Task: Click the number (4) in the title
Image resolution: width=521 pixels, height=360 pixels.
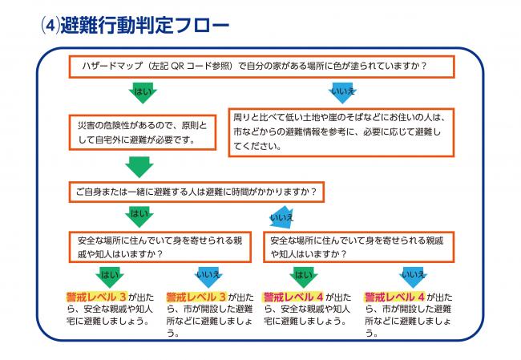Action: (50, 26)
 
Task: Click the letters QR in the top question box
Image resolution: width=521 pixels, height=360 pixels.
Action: (177, 66)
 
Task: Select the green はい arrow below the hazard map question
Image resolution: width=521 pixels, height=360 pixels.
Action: (143, 93)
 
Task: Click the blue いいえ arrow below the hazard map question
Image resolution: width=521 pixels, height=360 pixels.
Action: (342, 93)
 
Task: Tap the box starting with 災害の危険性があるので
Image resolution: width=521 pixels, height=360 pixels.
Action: (143, 132)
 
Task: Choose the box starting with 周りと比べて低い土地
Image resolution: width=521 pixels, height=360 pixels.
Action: (341, 132)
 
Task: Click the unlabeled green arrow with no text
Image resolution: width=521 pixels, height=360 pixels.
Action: (139, 168)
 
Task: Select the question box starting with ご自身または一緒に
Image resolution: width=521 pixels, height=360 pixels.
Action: (196, 192)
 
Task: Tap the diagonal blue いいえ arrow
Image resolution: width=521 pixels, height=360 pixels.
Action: (282, 218)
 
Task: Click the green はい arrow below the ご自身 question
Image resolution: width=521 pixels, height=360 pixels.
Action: (139, 216)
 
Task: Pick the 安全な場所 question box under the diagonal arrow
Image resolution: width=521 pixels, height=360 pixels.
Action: (359, 247)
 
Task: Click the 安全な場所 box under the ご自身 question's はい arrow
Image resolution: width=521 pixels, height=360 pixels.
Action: (160, 247)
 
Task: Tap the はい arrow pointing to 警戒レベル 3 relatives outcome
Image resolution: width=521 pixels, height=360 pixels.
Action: (110, 277)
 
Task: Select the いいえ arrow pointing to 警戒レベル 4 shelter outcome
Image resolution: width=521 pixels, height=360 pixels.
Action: (413, 277)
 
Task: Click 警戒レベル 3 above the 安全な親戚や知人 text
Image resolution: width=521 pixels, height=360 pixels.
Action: (96, 297)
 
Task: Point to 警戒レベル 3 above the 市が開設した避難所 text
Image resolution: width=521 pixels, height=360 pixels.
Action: (196, 297)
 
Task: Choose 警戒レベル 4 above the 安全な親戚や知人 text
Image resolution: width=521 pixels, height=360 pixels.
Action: (293, 297)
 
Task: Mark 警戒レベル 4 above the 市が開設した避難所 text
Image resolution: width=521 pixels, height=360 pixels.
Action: (394, 297)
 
